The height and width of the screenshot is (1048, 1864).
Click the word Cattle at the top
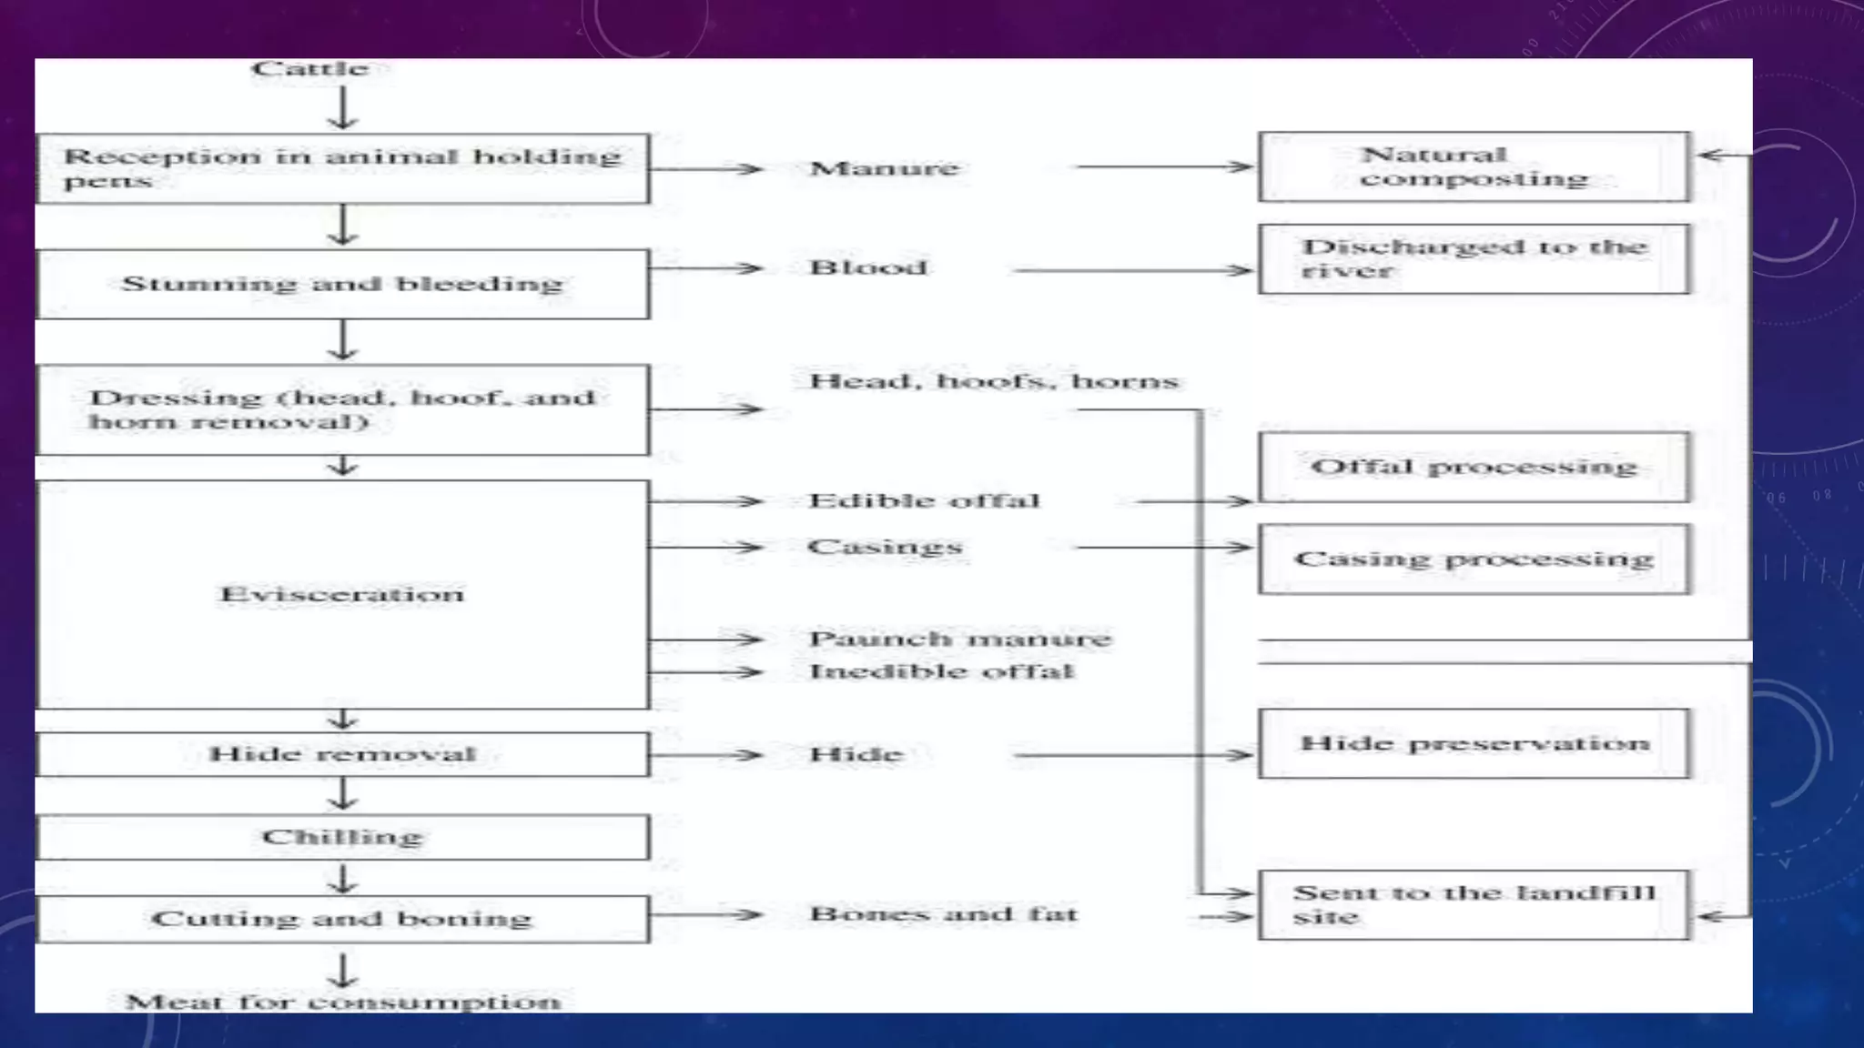(310, 68)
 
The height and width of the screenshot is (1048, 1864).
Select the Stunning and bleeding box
(343, 284)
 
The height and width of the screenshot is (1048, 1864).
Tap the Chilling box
(343, 837)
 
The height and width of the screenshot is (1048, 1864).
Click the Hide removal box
(343, 754)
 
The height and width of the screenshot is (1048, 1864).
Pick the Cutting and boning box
(343, 919)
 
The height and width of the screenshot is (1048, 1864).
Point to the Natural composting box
(1474, 166)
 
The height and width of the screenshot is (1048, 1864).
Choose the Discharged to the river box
(1474, 259)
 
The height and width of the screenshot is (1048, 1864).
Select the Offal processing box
(1474, 468)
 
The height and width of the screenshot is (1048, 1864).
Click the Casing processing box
(1474, 559)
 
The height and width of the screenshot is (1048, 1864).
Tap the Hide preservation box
(1474, 744)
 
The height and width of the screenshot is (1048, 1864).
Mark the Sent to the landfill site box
(1474, 905)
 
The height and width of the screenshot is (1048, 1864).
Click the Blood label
(868, 267)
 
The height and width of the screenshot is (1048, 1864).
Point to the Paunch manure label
(960, 639)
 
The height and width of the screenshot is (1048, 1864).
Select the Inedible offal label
(942, 671)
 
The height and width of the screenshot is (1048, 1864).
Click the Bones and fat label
(944, 913)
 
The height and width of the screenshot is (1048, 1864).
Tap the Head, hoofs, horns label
(994, 380)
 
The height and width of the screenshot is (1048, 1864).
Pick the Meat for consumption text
(343, 1002)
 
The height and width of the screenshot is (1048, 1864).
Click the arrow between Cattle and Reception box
(343, 108)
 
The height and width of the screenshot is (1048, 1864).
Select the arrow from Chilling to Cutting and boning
(343, 879)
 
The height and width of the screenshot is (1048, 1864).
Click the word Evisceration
(342, 594)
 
